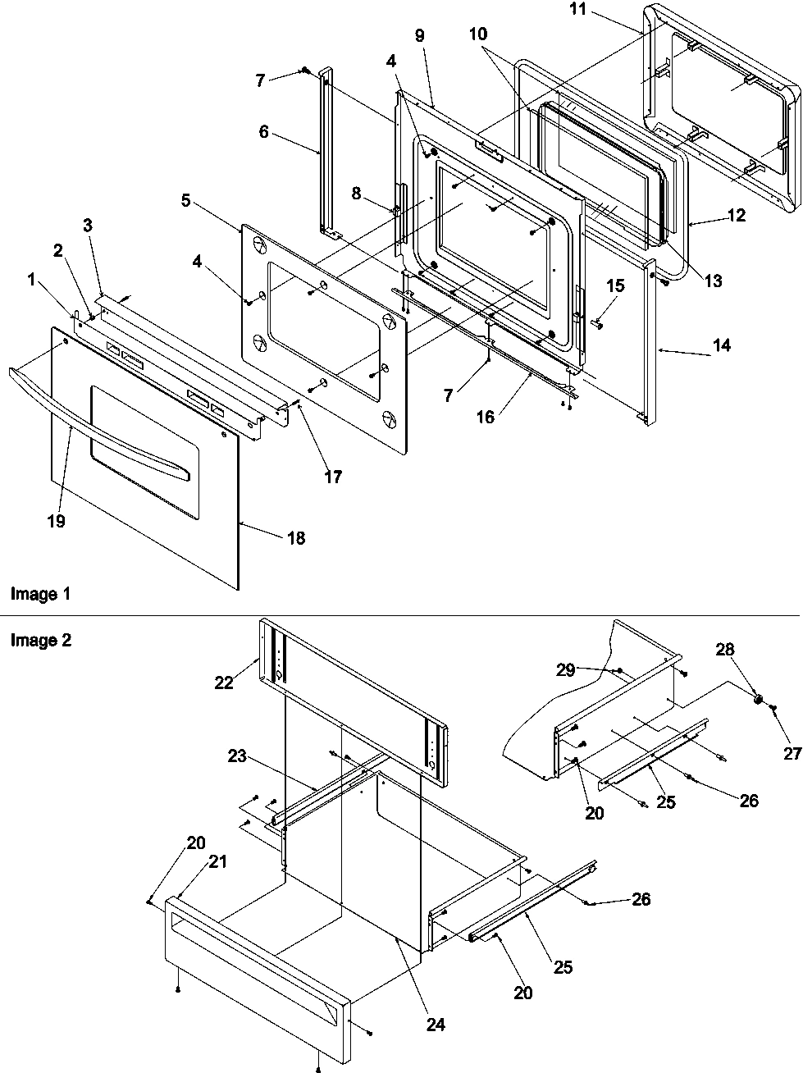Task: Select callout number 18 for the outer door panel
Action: pyautogui.click(x=295, y=538)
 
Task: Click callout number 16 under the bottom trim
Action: pyautogui.click(x=485, y=417)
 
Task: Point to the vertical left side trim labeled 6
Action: pyautogui.click(x=324, y=156)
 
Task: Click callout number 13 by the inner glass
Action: pyautogui.click(x=713, y=281)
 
